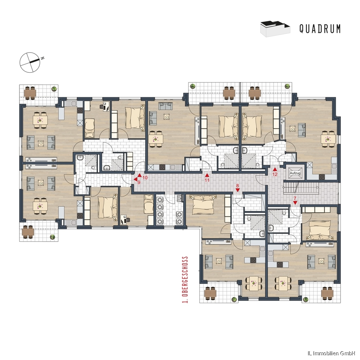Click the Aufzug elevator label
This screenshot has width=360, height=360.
tap(295, 174)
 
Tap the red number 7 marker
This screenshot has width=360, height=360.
tap(295, 201)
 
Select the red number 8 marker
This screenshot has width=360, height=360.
tap(238, 188)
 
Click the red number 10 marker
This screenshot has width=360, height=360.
tap(142, 176)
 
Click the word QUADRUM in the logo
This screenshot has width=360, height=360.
tap(320, 29)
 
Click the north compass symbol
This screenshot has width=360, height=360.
tap(30, 62)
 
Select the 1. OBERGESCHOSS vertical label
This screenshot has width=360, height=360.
tap(185, 280)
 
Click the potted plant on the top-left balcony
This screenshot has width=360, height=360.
tap(54, 89)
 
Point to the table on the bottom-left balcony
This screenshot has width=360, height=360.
tap(28, 232)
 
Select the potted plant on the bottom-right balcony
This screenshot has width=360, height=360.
tap(306, 299)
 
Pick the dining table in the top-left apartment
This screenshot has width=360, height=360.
tap(40, 120)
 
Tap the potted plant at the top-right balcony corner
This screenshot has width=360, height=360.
tap(287, 86)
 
